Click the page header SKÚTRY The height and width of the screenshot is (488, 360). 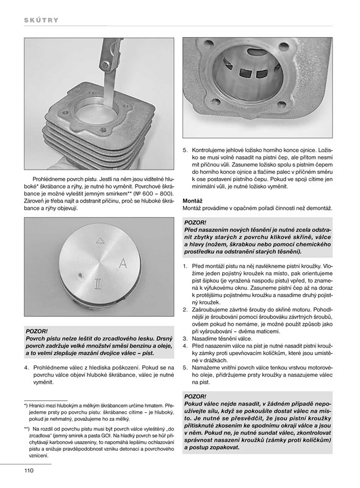point(41,20)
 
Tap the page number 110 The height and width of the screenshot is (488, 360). point(29,470)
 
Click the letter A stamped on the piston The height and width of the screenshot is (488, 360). point(123,264)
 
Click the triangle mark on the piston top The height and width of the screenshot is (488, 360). point(99,240)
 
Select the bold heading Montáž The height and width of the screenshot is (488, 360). point(192,201)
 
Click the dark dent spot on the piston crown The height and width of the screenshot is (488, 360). point(81,275)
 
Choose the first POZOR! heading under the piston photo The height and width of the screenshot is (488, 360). point(37,331)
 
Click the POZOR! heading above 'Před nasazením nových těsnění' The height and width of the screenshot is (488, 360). point(195,223)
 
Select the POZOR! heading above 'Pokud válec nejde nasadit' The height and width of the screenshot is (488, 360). point(195,396)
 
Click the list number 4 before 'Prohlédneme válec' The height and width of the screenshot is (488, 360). point(26,368)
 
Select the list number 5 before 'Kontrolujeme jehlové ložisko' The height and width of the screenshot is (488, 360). point(185,150)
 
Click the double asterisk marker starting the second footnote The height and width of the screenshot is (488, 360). point(26,428)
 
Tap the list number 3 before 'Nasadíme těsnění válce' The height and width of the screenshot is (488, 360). point(185,339)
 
